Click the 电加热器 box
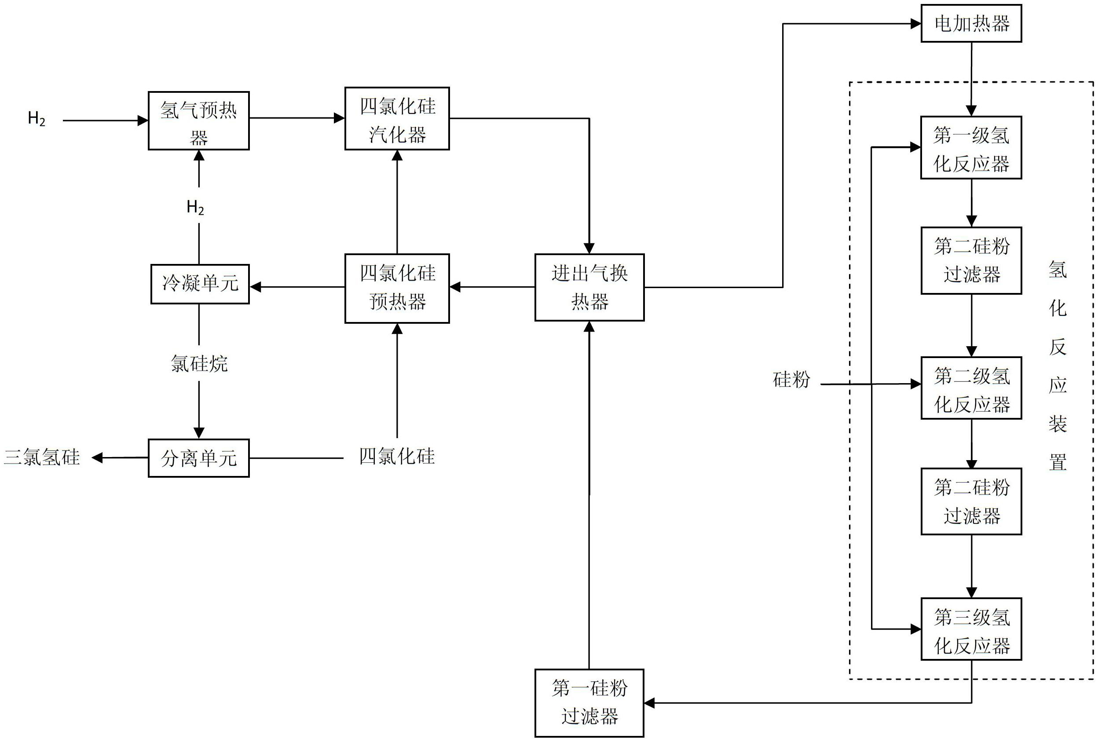click(x=971, y=24)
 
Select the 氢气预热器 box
click(x=198, y=121)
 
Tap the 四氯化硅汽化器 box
click(x=397, y=119)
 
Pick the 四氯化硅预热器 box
click(x=397, y=288)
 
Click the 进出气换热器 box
click(x=589, y=288)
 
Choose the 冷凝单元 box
click(x=200, y=284)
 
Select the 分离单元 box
click(x=198, y=458)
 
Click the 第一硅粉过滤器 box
click(x=589, y=702)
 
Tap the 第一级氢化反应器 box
click(x=971, y=147)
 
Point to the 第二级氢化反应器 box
click(x=971, y=388)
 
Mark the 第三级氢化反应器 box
click(x=971, y=629)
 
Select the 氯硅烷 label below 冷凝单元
click(x=199, y=363)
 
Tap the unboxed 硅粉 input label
click(x=791, y=379)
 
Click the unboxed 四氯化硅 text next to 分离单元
click(x=397, y=456)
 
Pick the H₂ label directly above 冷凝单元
click(x=195, y=207)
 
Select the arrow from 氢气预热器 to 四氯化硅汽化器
click(x=297, y=118)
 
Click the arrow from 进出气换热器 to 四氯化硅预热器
click(x=492, y=286)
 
